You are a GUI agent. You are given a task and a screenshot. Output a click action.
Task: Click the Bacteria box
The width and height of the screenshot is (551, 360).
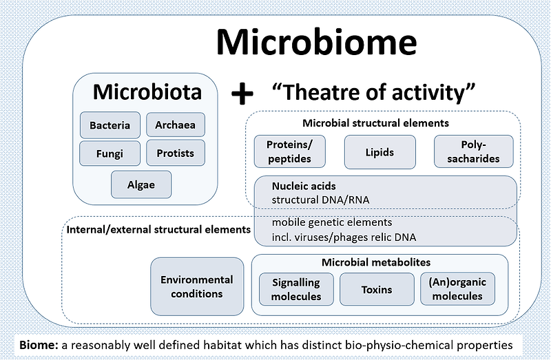click(110, 125)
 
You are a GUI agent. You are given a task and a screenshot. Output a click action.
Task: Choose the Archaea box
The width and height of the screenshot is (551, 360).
click(175, 125)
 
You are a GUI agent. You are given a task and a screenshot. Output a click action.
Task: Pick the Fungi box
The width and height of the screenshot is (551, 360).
click(110, 153)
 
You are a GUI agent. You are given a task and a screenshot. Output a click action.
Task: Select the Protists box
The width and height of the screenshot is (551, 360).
click(175, 153)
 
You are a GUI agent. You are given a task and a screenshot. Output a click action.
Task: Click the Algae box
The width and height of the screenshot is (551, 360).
click(141, 184)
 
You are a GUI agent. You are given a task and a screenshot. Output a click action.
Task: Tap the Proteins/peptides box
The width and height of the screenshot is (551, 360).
click(288, 151)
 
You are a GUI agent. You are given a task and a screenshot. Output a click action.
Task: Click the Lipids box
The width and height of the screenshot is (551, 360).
click(380, 151)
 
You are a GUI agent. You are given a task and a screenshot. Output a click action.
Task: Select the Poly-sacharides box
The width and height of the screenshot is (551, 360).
click(473, 151)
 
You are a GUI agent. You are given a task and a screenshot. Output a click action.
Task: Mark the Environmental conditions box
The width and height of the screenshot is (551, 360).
click(197, 286)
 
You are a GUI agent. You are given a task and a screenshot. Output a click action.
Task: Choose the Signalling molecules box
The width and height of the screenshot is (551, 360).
click(296, 290)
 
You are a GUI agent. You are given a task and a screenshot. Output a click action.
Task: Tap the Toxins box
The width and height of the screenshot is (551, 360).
click(376, 290)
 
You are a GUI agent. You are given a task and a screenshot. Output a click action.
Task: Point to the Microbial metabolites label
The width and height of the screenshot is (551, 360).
click(376, 262)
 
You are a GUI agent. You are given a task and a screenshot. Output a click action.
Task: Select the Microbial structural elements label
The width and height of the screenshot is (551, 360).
click(376, 123)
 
